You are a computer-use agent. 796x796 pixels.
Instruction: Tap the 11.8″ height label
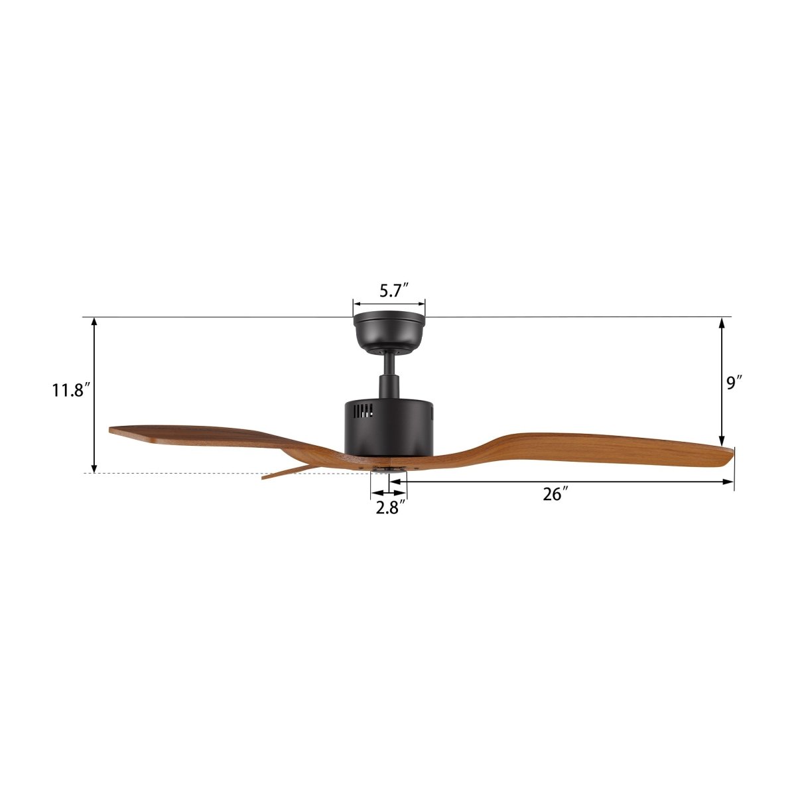[x=70, y=390]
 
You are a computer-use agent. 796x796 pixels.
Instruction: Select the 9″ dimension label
[x=734, y=383]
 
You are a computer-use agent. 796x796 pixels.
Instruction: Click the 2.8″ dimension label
[x=390, y=507]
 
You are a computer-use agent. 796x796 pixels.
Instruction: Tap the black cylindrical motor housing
[x=389, y=428]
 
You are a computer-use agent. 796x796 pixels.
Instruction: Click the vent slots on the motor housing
[x=364, y=411]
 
